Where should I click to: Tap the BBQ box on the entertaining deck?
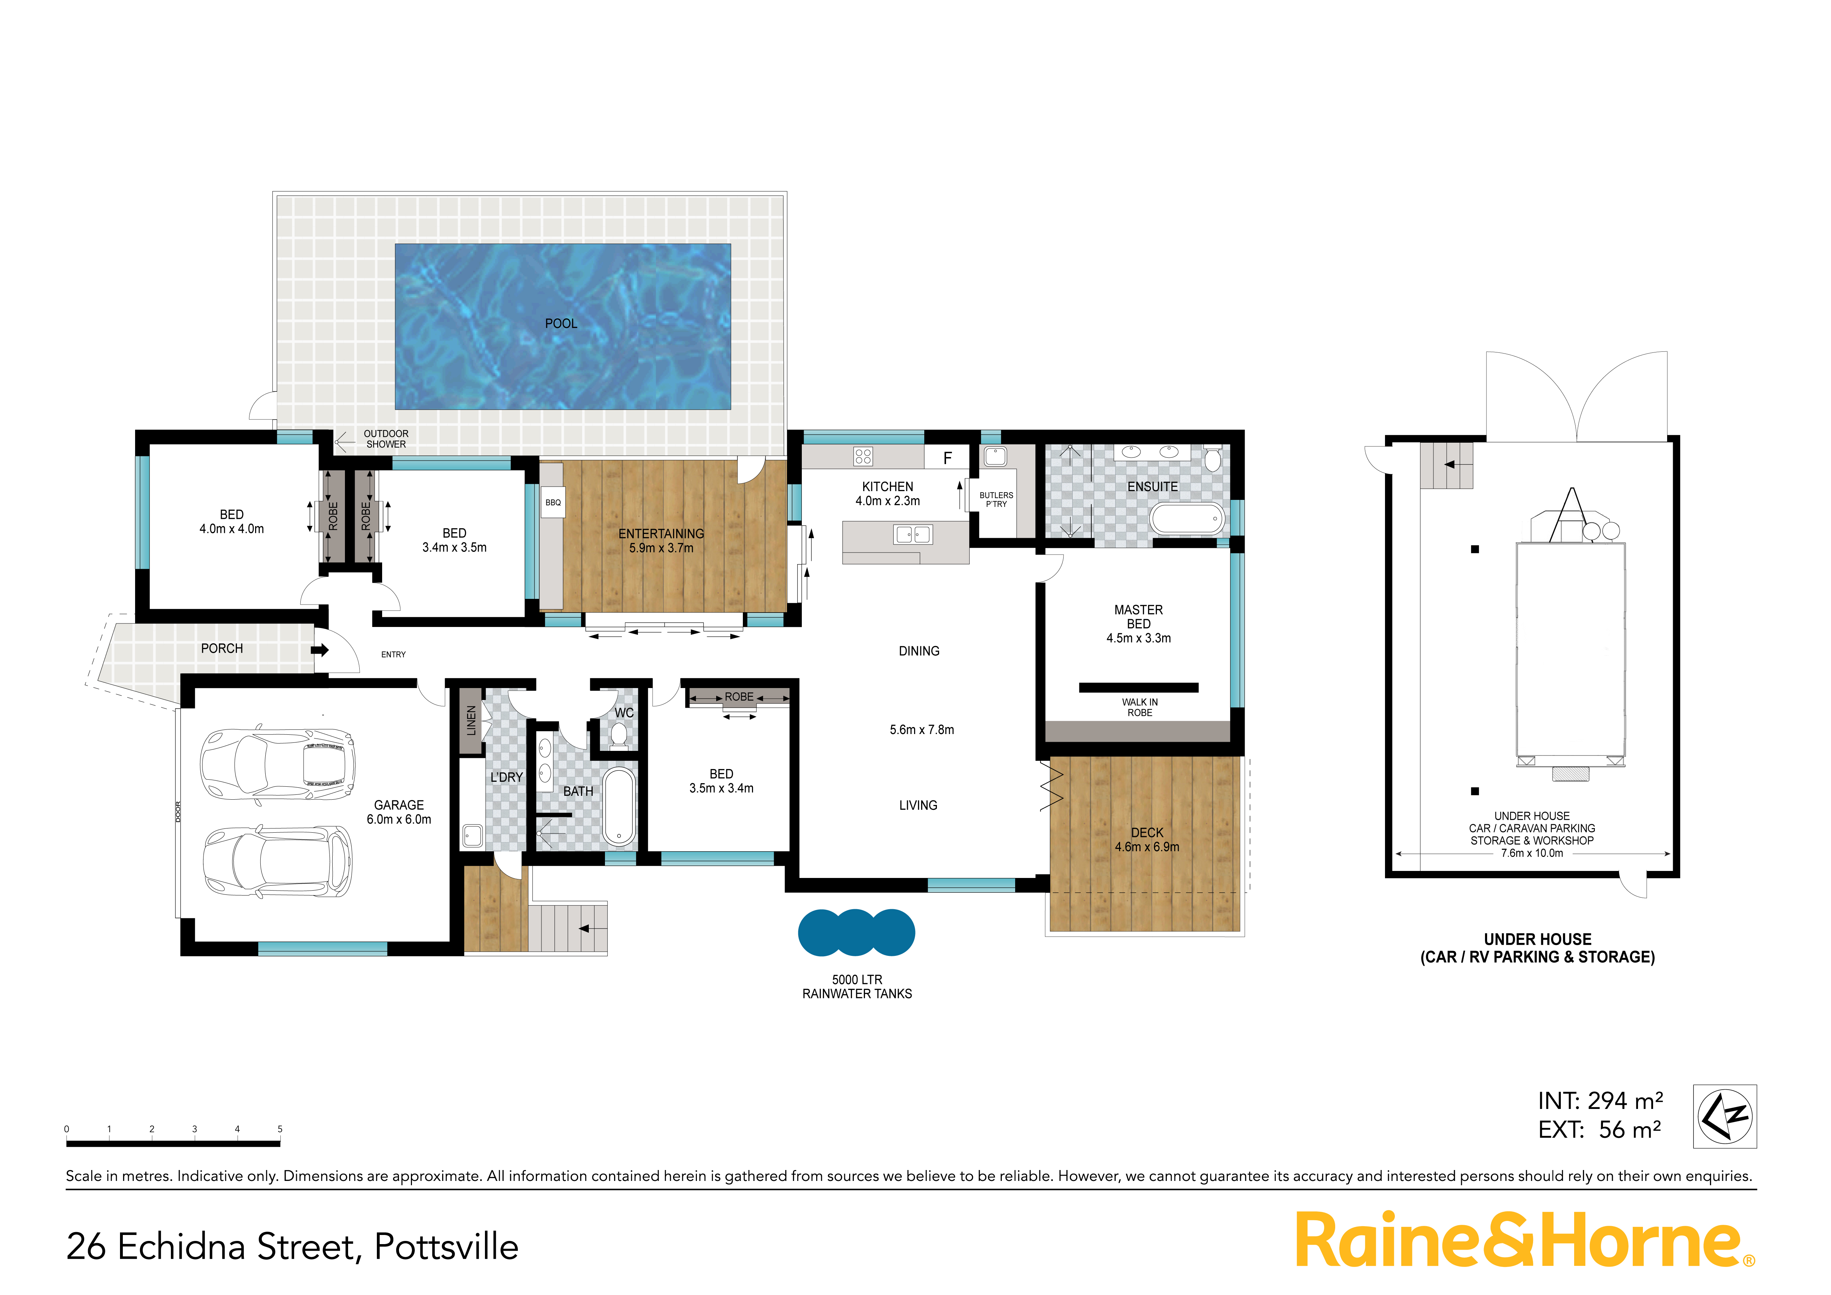pyautogui.click(x=553, y=503)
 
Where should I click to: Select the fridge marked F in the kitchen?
pyautogui.click(x=947, y=457)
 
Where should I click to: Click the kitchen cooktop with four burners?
pyautogui.click(x=863, y=456)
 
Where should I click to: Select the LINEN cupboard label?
pyautogui.click(x=471, y=720)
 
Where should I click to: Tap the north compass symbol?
pyautogui.click(x=1725, y=1116)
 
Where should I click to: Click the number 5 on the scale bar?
pyautogui.click(x=280, y=1129)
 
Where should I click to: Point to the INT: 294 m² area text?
pyautogui.click(x=1600, y=1101)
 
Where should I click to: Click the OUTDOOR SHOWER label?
pyautogui.click(x=386, y=439)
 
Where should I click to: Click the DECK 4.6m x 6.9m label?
pyautogui.click(x=1147, y=839)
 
